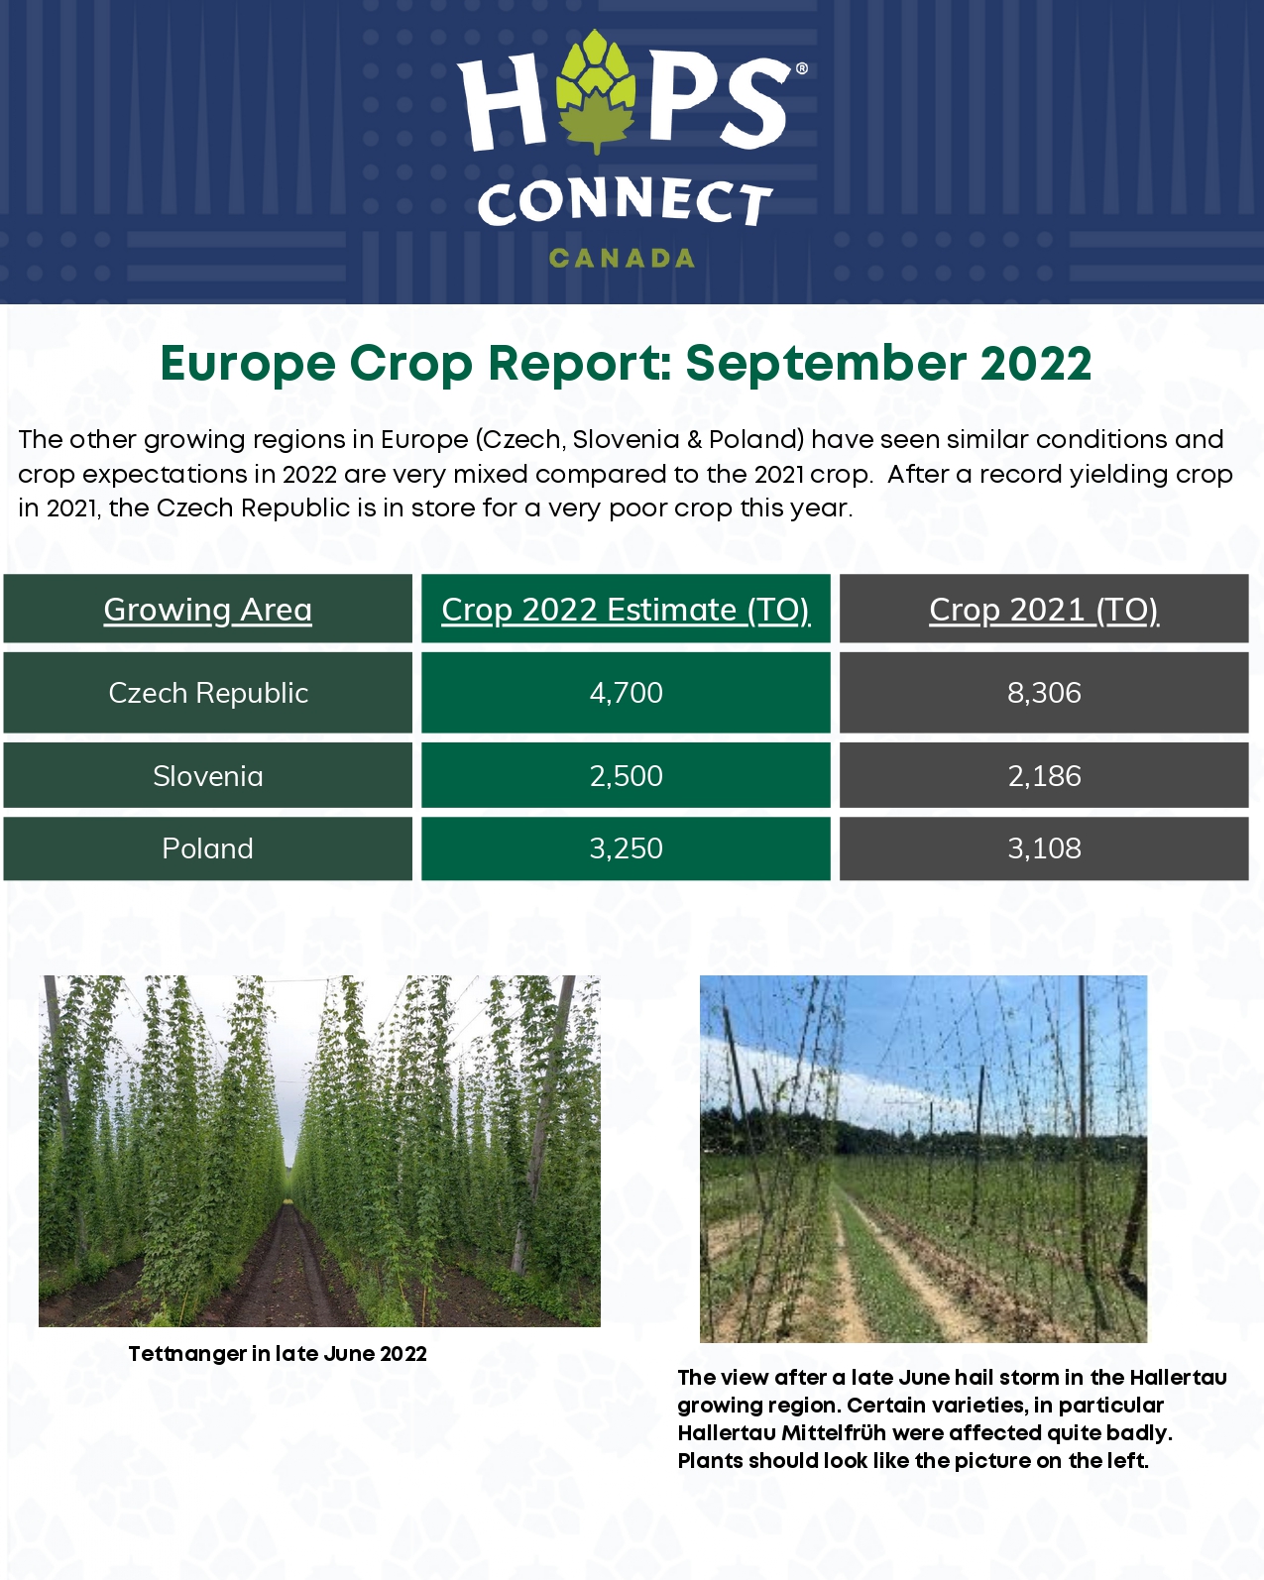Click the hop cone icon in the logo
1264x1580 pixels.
click(596, 89)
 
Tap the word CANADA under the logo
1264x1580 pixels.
click(622, 259)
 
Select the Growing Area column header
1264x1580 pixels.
click(207, 610)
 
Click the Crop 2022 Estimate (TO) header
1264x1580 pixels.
click(626, 610)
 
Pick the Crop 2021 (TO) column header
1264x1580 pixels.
click(1044, 610)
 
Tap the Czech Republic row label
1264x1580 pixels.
click(208, 693)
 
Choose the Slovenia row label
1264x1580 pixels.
click(208, 776)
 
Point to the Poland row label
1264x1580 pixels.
click(207, 848)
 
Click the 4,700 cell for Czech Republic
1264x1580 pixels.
click(626, 693)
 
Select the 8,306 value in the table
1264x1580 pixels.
click(1044, 693)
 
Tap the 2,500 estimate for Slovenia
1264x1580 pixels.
click(626, 776)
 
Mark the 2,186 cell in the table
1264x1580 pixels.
click(1044, 776)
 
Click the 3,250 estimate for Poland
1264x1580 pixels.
click(626, 848)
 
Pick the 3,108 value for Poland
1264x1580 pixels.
click(1044, 848)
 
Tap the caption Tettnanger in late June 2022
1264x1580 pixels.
click(278, 1354)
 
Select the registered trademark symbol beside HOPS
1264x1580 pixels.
click(801, 68)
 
